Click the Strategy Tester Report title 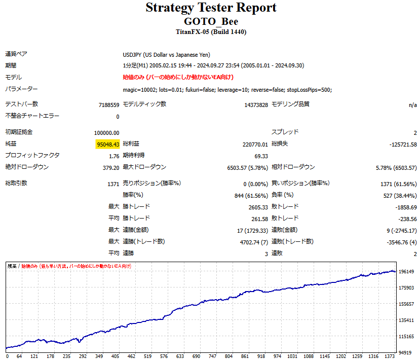(x=211, y=8)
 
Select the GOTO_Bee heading (x=211, y=22)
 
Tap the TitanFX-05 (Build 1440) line (x=211, y=32)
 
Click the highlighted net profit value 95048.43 (x=107, y=144)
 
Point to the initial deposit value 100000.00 (x=106, y=132)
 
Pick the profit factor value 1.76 (x=114, y=156)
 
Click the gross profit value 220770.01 (x=255, y=144)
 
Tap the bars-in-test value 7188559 (x=109, y=105)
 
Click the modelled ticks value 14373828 (x=256, y=105)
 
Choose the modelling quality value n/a (x=413, y=105)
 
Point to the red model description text (x=178, y=77)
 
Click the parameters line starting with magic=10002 (x=227, y=90)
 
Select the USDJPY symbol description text (x=166, y=55)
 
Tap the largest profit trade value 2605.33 (x=257, y=207)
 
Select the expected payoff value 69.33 (x=261, y=156)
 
